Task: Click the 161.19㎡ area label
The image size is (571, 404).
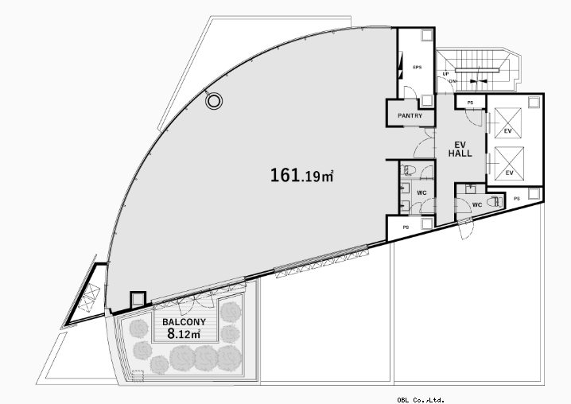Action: point(301,175)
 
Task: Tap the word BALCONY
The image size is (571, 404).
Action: point(184,322)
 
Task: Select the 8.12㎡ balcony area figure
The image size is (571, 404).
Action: point(184,333)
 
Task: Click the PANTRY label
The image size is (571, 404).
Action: point(410,116)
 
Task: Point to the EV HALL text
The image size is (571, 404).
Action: point(460,150)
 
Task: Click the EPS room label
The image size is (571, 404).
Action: point(418,67)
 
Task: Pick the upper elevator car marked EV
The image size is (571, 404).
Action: point(507,122)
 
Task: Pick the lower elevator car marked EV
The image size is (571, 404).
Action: point(509,164)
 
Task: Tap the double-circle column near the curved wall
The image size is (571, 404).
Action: point(214,101)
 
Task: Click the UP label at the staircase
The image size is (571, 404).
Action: point(445,74)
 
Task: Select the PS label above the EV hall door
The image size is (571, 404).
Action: point(470,103)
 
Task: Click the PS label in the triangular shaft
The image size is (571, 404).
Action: point(517,199)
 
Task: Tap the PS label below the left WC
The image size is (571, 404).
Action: point(406,227)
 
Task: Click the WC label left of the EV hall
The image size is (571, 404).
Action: point(421,192)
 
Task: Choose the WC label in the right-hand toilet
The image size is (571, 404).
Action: point(477,205)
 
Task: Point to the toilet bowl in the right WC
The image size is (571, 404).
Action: point(495,201)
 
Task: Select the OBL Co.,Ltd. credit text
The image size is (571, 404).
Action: point(421,400)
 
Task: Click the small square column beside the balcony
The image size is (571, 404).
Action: point(138,300)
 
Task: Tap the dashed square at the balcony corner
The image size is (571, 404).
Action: point(138,376)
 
